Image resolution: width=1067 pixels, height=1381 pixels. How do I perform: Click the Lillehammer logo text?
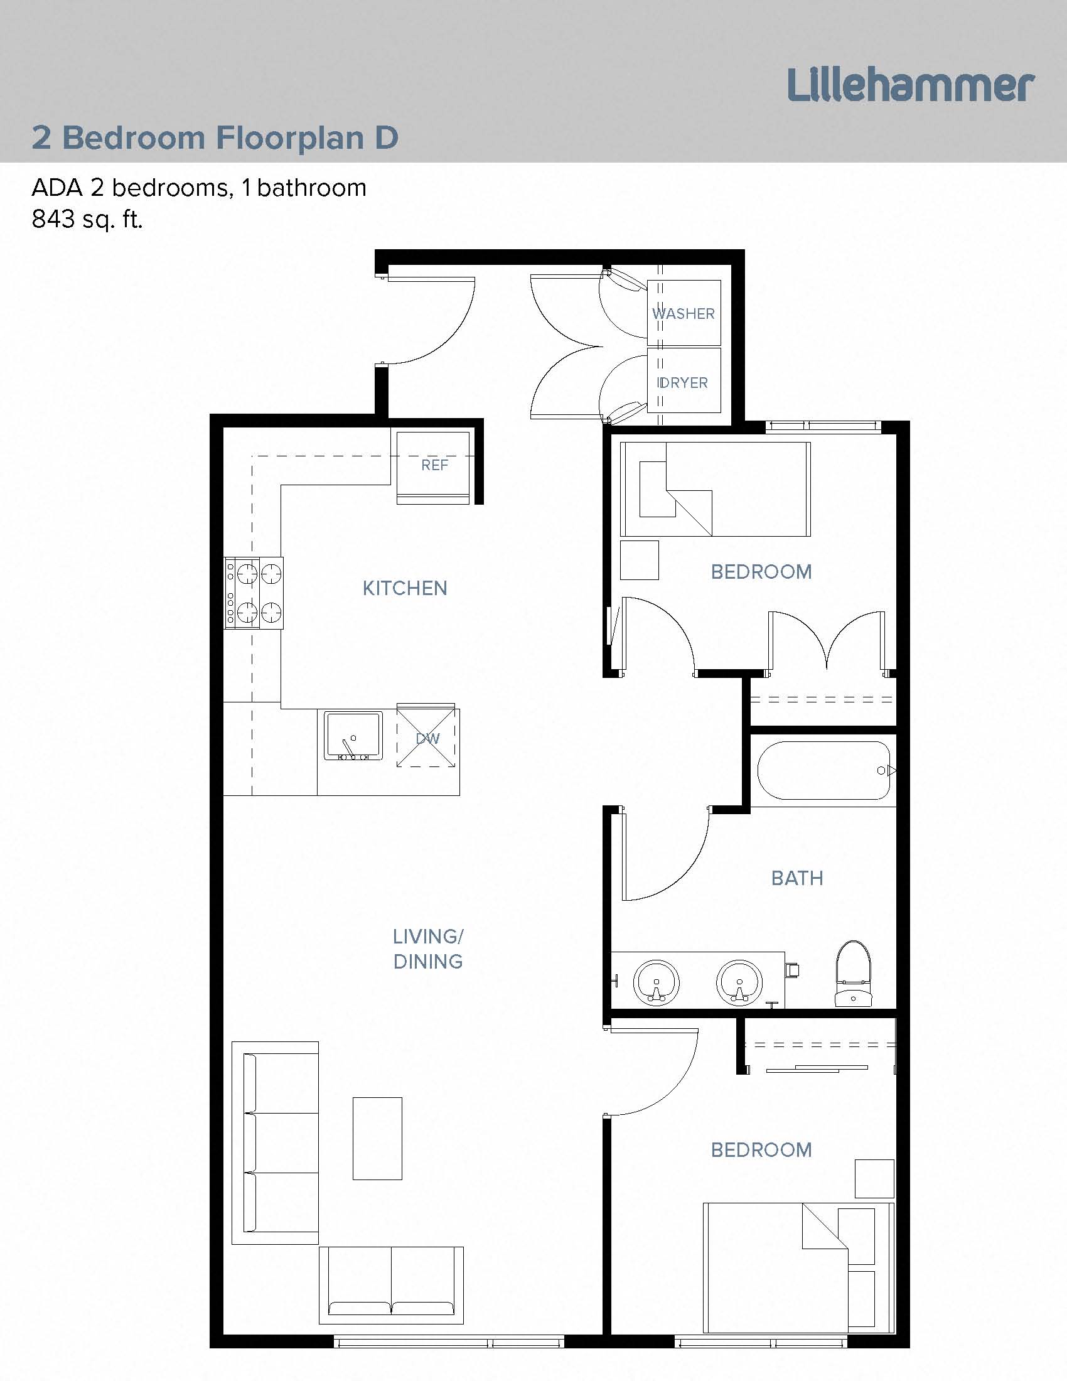pyautogui.click(x=909, y=86)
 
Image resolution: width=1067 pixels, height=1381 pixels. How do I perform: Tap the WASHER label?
pyautogui.click(x=684, y=314)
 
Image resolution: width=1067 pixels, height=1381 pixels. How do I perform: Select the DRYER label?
pyautogui.click(x=684, y=382)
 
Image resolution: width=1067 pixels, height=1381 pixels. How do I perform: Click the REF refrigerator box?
pyautogui.click(x=434, y=466)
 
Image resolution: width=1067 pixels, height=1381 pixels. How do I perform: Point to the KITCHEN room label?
pyautogui.click(x=405, y=588)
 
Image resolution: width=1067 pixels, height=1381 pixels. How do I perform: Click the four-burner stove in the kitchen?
pyautogui.click(x=254, y=593)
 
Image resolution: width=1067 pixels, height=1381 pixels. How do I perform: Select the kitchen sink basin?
pyautogui.click(x=353, y=736)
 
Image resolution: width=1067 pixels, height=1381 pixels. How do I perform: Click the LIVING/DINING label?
pyautogui.click(x=428, y=948)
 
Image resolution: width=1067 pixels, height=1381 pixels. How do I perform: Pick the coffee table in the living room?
pyautogui.click(x=377, y=1138)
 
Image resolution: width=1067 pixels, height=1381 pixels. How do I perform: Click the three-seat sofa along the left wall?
pyautogui.click(x=276, y=1142)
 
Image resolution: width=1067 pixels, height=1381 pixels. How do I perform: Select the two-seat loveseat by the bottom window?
pyautogui.click(x=391, y=1286)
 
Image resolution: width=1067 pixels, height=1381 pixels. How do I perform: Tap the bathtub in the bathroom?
pyautogui.click(x=823, y=770)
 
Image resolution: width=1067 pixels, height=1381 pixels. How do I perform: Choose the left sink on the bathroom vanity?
pyautogui.click(x=656, y=983)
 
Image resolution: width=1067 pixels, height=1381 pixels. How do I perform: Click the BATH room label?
pyautogui.click(x=797, y=878)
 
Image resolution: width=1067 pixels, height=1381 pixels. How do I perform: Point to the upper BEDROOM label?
pyautogui.click(x=761, y=572)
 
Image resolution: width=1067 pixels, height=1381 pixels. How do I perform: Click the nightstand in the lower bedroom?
pyautogui.click(x=874, y=1179)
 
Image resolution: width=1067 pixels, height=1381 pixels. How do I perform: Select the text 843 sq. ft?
pyautogui.click(x=87, y=220)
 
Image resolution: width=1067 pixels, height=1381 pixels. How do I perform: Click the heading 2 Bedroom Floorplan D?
pyautogui.click(x=215, y=138)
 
